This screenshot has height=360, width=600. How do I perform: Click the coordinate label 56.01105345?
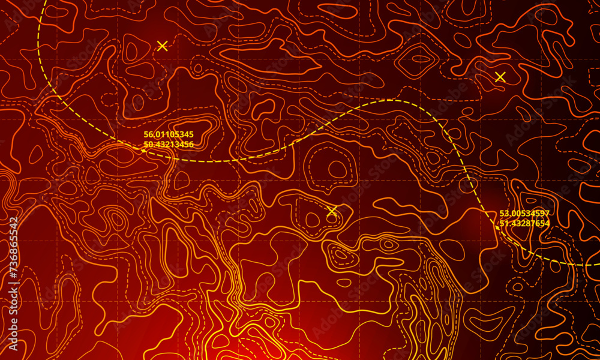[x=169, y=134]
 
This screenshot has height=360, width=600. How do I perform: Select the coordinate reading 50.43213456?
[x=169, y=144]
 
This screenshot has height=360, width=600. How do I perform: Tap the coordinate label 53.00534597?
[x=524, y=214]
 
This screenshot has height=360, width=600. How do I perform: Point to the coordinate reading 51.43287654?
[x=524, y=223]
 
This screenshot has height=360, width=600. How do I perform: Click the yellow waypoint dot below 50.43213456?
[x=143, y=150]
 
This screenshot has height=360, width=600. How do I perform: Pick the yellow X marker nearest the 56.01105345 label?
[x=161, y=46]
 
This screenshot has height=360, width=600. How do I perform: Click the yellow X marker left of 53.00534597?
[x=332, y=211]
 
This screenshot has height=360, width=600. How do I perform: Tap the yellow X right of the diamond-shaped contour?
[x=500, y=77]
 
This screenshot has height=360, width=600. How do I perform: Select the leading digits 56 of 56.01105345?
[x=148, y=134]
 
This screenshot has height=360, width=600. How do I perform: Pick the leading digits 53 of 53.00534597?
[x=504, y=214]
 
